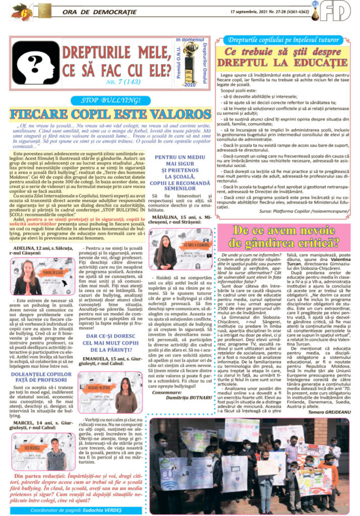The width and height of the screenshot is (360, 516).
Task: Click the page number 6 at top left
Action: click(x=16, y=10)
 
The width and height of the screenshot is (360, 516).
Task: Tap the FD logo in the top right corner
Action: click(x=338, y=11)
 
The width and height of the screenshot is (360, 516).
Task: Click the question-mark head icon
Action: click(x=36, y=62)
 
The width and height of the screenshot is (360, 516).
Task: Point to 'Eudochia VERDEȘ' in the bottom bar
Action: click(x=111, y=509)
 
